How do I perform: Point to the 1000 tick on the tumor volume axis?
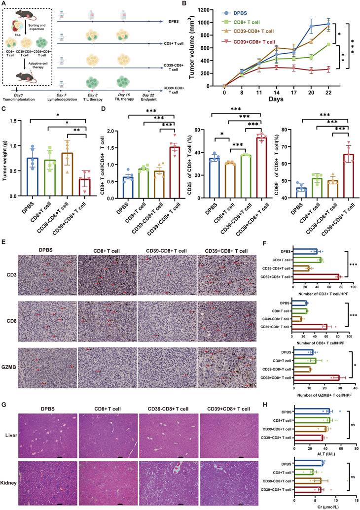214,23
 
